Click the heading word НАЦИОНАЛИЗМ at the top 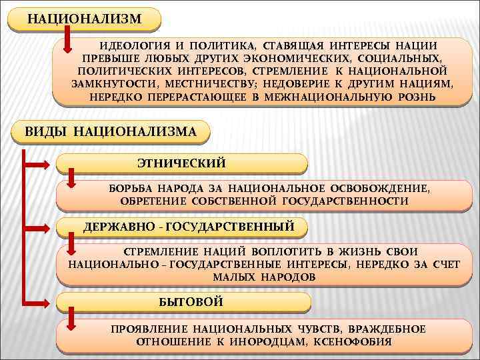click(85, 18)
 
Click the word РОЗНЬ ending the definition click(416, 97)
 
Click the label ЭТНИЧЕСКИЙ click(181, 163)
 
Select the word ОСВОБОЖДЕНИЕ click(387, 188)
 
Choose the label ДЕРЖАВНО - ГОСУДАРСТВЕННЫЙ click(189, 227)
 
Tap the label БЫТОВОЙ click(191, 302)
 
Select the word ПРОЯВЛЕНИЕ click(149, 329)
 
